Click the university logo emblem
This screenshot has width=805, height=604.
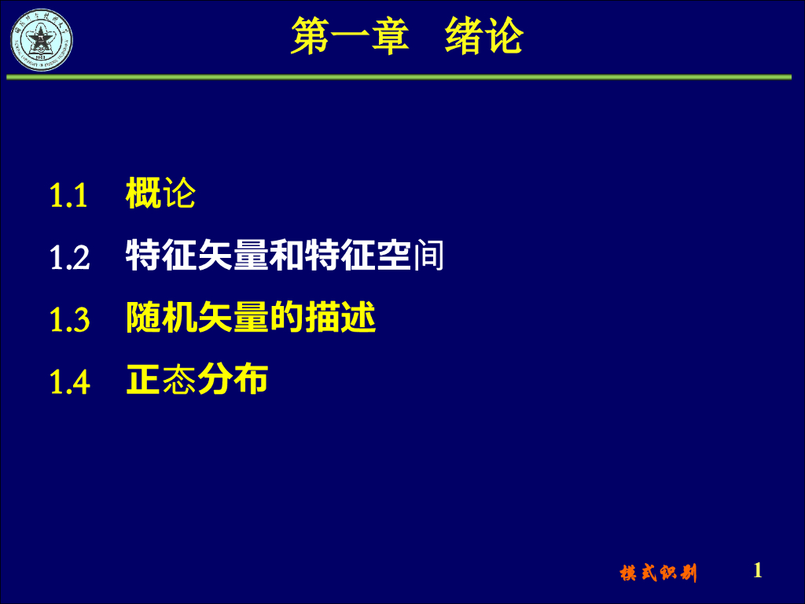pyautogui.click(x=41, y=39)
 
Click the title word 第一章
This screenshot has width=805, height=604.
pyautogui.click(x=349, y=37)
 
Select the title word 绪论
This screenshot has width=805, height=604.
pyautogui.click(x=483, y=37)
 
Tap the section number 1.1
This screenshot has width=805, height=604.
pyautogui.click(x=68, y=195)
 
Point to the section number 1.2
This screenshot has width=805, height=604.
pyautogui.click(x=69, y=257)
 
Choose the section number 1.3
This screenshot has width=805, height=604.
pyautogui.click(x=69, y=319)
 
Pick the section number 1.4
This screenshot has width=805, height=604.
pyautogui.click(x=69, y=381)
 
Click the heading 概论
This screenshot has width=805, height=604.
pyautogui.click(x=160, y=193)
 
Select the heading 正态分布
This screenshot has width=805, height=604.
pyautogui.click(x=197, y=381)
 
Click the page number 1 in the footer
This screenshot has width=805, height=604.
pyautogui.click(x=758, y=570)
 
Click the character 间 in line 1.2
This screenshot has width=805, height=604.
pyautogui.click(x=428, y=256)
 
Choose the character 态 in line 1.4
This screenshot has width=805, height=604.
pyautogui.click(x=178, y=381)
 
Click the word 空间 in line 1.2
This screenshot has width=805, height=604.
pyautogui.click(x=410, y=256)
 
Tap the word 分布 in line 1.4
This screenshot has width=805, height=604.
pyautogui.click(x=232, y=381)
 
